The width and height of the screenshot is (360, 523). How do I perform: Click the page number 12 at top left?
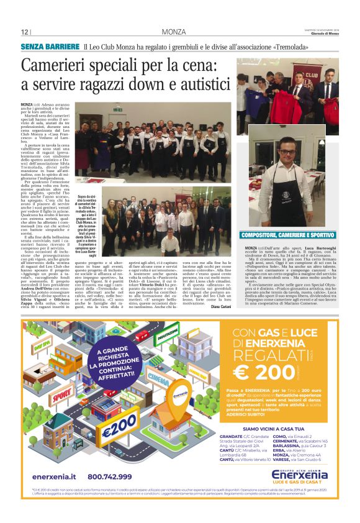25,32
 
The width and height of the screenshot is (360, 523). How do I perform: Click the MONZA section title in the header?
173,32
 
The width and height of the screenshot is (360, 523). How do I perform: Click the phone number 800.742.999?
110,476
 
